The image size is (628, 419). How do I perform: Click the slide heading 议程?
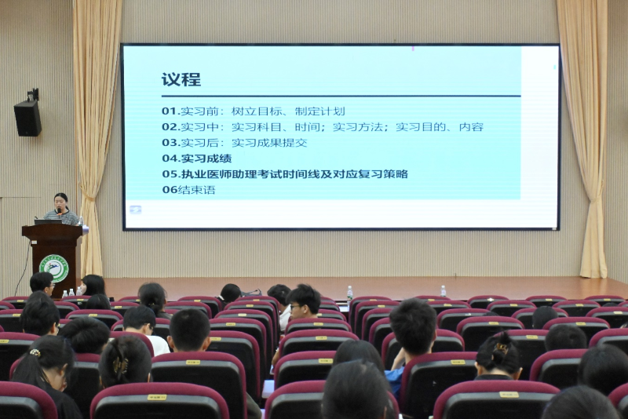[x=181, y=79]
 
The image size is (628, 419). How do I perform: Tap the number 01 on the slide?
[x=170, y=111]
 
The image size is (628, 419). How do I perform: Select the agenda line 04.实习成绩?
[x=196, y=158]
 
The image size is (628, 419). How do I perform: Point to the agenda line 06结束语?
[x=188, y=190]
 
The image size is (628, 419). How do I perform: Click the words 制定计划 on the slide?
[x=320, y=111]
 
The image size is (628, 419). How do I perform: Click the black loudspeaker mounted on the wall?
[x=28, y=116]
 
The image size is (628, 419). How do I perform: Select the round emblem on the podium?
[x=54, y=268]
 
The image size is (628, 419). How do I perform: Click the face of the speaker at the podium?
[x=61, y=202]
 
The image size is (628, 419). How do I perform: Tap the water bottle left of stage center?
[x=349, y=293]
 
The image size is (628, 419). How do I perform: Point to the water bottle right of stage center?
[x=443, y=291]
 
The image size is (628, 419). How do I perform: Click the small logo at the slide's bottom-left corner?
[x=136, y=209]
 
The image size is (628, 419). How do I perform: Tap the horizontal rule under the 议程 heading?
[x=341, y=96]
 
